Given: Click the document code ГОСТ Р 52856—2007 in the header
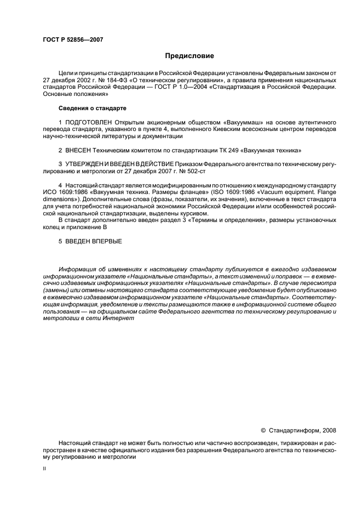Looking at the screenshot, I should tap(73, 40).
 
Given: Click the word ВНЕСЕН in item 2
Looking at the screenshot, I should tap(78, 150).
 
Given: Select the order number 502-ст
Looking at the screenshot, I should tap(174, 171).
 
